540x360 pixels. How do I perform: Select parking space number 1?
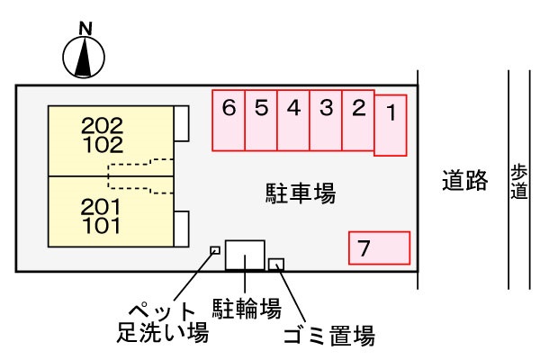(391, 125)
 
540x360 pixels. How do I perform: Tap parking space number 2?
(358, 121)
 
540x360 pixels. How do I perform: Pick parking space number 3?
(326, 121)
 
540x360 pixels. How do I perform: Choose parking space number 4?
(293, 121)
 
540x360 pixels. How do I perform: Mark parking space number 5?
(261, 121)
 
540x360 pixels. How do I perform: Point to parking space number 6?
(229, 121)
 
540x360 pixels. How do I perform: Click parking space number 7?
(379, 247)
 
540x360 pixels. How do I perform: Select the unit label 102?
(102, 143)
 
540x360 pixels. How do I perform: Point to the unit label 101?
(100, 226)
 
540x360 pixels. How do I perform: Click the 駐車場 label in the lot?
(301, 193)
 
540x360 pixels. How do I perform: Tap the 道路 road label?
(464, 182)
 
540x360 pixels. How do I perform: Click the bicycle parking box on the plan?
(245, 255)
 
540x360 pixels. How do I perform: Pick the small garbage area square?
(276, 264)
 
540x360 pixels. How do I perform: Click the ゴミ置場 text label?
(328, 337)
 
